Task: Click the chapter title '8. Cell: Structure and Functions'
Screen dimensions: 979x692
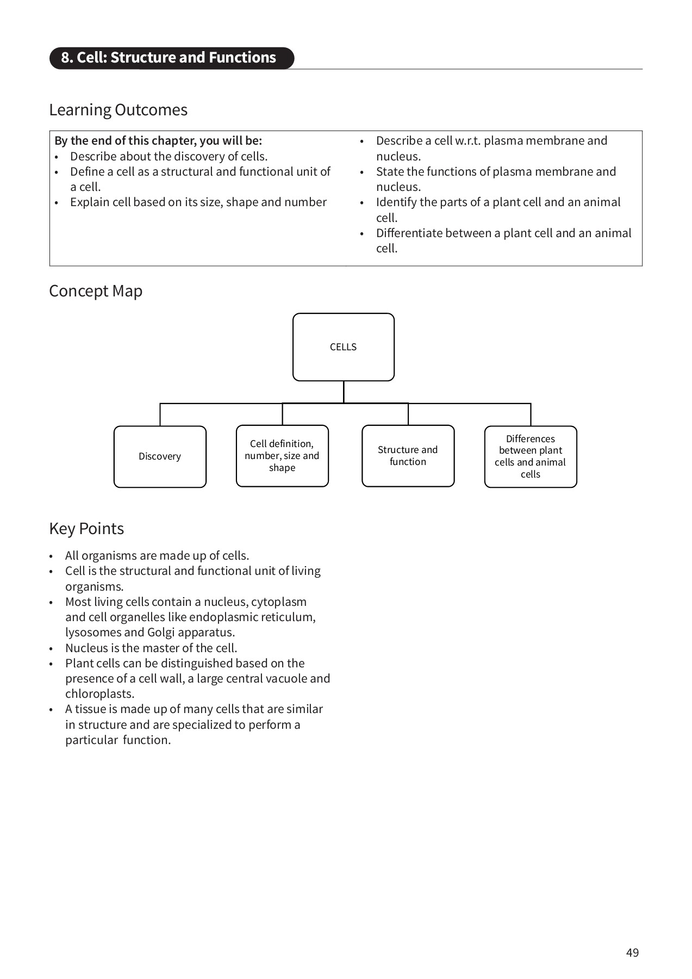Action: pyautogui.click(x=169, y=58)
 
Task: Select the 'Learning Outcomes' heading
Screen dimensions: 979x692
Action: pyautogui.click(x=118, y=110)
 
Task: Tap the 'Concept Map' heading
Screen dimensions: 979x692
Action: pyautogui.click(x=96, y=291)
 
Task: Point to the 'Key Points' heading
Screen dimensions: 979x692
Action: pyautogui.click(x=86, y=529)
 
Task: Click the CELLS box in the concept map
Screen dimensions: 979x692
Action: pyautogui.click(x=343, y=347)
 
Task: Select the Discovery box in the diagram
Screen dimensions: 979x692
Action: pyautogui.click(x=160, y=456)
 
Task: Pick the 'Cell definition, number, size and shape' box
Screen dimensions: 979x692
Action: pyautogui.click(x=282, y=456)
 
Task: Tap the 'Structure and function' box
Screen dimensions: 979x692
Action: pyautogui.click(x=408, y=456)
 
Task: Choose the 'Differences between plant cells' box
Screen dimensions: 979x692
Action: pyautogui.click(x=530, y=456)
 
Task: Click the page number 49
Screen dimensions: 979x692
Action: pyautogui.click(x=632, y=952)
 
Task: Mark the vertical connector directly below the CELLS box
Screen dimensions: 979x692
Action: pyautogui.click(x=344, y=392)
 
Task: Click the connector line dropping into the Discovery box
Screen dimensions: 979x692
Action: pyautogui.click(x=160, y=415)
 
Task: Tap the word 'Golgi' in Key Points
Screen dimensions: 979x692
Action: pyautogui.click(x=161, y=633)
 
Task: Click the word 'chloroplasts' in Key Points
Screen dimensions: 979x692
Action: pyautogui.click(x=99, y=694)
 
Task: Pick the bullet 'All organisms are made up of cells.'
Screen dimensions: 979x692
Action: pyautogui.click(x=157, y=556)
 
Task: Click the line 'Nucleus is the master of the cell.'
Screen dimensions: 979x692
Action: pyautogui.click(x=151, y=648)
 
